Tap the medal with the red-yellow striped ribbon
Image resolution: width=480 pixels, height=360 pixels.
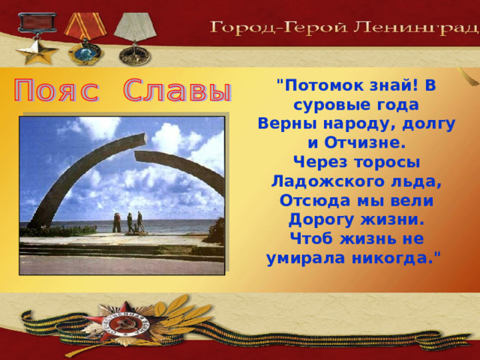[85, 38]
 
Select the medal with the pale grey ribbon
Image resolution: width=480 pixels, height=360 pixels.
[135, 38]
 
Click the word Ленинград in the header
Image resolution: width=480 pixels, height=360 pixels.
[416, 28]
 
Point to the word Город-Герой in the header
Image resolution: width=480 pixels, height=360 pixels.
[279, 28]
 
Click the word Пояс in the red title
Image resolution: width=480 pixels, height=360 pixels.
[57, 90]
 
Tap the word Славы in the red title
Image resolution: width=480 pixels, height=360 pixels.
[177, 90]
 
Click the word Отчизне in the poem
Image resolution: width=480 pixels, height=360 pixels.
[365, 143]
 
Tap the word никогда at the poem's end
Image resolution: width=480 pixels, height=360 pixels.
[393, 258]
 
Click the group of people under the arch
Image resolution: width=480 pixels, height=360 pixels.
[128, 223]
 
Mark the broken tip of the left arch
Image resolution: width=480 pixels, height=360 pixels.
[145, 138]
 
